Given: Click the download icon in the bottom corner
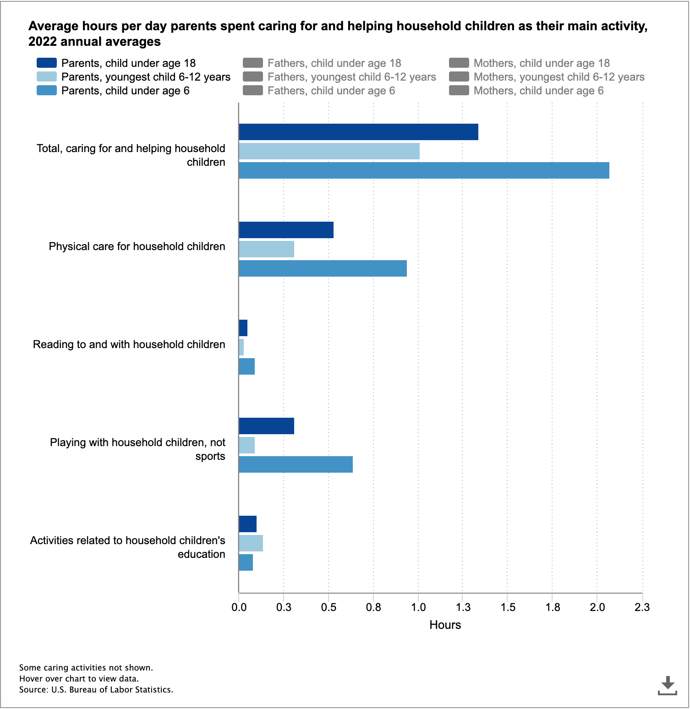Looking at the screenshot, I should coord(668,685).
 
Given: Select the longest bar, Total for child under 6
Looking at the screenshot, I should coord(424,170).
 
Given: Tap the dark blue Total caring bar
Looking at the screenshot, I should coord(358,132).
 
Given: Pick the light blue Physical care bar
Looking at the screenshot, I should coord(266,249).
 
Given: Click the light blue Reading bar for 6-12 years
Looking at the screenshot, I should coord(241,347).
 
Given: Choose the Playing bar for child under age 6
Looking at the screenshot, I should coord(296,464).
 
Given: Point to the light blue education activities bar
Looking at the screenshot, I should coord(251,543).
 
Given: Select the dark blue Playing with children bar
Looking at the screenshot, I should coord(266,426).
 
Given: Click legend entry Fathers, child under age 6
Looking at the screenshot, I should coord(331,91).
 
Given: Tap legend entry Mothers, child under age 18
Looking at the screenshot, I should coord(541,63).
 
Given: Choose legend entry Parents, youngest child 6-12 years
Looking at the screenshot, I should coord(145,77).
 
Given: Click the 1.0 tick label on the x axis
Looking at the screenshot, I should coord(418,607).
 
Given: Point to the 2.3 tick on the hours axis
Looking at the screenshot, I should coord(642,607).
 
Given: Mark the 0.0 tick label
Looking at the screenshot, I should coord(239,607).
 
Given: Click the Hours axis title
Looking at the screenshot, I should coord(445,625).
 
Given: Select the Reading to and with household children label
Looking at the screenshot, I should coord(129,344).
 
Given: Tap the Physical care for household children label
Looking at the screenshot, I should coord(137,246).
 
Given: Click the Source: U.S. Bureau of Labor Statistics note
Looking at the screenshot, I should coord(96,689).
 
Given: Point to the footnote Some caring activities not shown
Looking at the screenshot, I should coord(86,667).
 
